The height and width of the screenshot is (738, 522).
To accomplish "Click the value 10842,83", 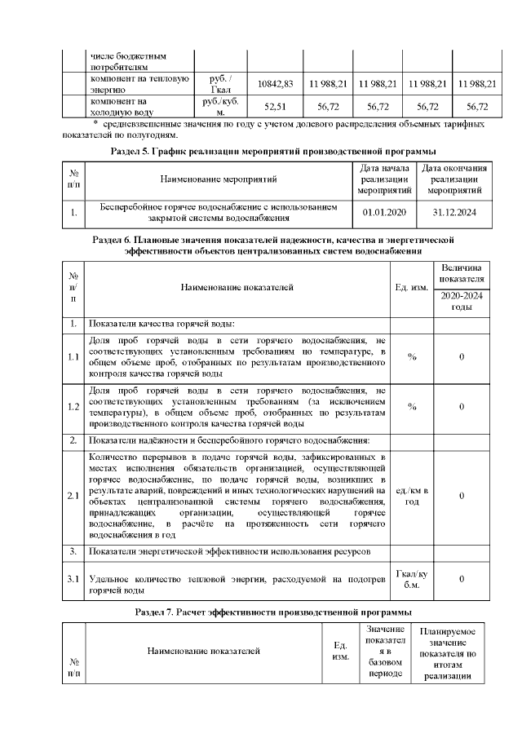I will (x=275, y=84).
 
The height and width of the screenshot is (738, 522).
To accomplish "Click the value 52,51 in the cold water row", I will (x=275, y=107).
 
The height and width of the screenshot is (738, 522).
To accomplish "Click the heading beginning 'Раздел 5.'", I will (x=272, y=152).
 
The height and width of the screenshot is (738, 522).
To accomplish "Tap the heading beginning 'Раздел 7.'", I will (x=272, y=611).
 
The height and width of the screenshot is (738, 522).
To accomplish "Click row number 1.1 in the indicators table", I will (x=73, y=356).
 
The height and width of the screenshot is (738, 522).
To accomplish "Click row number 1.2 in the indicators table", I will (x=73, y=406).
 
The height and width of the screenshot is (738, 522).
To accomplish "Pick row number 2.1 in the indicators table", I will (x=73, y=495).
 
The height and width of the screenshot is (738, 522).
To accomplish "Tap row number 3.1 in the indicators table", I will (x=73, y=579).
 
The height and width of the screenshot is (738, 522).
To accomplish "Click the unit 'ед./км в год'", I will (x=412, y=495).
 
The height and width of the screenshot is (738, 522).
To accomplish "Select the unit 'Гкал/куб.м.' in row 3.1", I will (x=412, y=579).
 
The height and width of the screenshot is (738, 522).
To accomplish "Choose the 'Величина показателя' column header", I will (x=462, y=273).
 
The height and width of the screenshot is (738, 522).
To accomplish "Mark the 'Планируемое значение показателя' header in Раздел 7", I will (x=448, y=654).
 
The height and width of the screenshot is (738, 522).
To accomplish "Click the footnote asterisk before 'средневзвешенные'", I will (x=73, y=123).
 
